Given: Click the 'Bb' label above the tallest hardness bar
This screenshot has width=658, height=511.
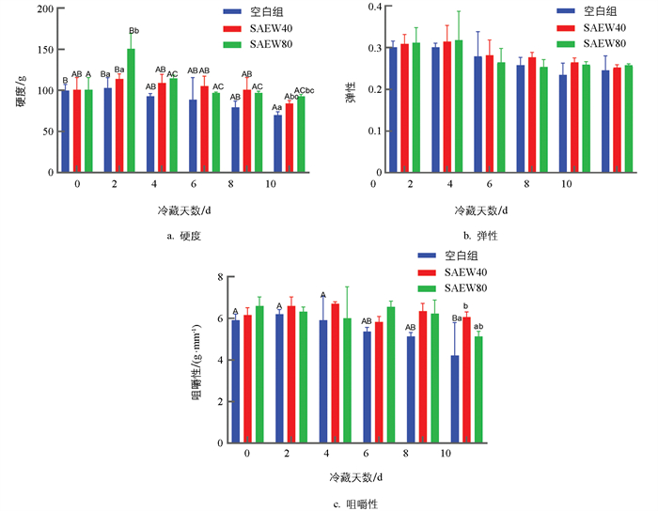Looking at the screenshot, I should click(x=133, y=31).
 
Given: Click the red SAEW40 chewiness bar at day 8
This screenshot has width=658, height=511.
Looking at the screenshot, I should click(x=423, y=377).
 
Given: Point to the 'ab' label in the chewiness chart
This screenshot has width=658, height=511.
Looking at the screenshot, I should click(x=478, y=326).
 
